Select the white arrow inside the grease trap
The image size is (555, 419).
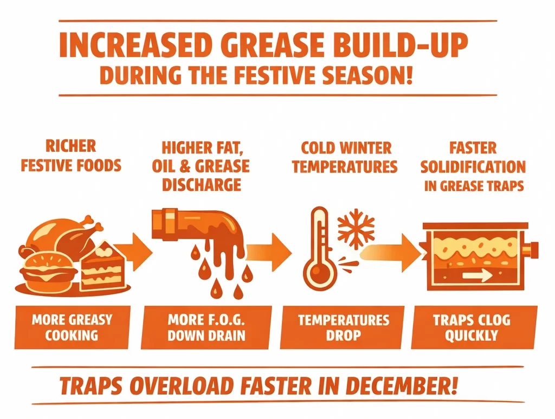click(476, 276)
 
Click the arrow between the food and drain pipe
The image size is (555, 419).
click(132, 249)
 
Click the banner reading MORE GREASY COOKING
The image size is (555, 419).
click(72, 327)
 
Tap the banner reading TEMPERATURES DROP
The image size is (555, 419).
click(344, 327)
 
